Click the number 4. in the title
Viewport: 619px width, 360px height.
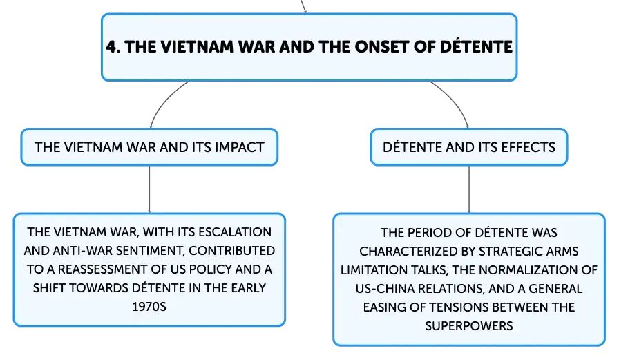point(113,47)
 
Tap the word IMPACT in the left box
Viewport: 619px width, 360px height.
point(239,147)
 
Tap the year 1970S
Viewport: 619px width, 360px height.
point(149,307)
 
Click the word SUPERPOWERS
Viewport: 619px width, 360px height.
point(469,326)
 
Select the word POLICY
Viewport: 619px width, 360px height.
point(210,269)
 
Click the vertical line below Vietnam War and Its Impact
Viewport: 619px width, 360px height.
point(150,189)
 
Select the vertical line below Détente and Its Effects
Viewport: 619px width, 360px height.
point(469,189)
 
